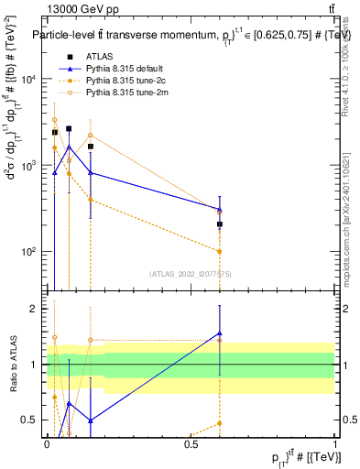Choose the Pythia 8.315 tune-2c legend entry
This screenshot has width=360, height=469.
pyautogui.click(x=124, y=81)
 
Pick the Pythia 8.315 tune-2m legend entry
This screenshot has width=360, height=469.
pyautogui.click(x=125, y=93)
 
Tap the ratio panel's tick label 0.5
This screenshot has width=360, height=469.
pyautogui.click(x=32, y=420)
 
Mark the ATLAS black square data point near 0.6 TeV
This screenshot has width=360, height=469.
pyautogui.click(x=220, y=224)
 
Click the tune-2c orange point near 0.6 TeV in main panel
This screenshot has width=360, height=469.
pyautogui.click(x=220, y=251)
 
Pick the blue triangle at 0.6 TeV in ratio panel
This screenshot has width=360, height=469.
pyautogui.click(x=220, y=333)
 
